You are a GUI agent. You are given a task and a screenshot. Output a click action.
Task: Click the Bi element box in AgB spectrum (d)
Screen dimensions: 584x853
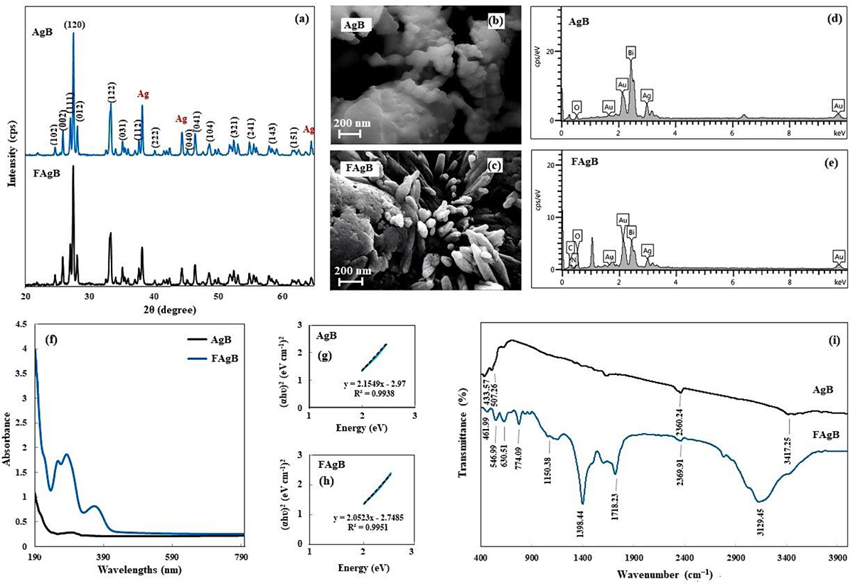click(x=631, y=53)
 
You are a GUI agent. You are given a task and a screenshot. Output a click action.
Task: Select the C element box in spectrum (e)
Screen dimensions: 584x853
click(x=570, y=248)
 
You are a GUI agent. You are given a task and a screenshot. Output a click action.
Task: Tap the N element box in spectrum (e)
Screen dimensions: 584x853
click(x=573, y=260)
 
